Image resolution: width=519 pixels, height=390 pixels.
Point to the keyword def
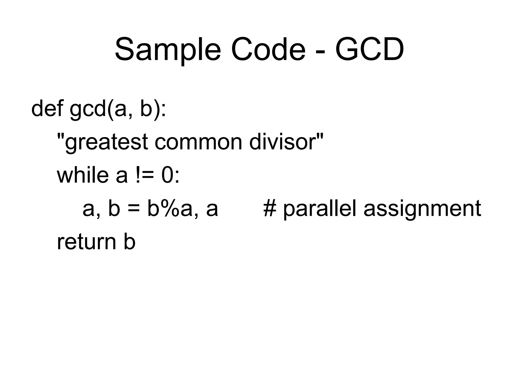coord(47,109)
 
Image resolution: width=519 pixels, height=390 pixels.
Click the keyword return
coord(86,242)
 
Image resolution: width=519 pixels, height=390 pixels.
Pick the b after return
coord(129,242)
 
